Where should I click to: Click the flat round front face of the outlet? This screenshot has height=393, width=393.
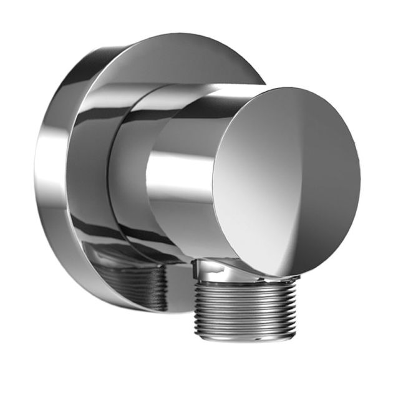click(x=287, y=181)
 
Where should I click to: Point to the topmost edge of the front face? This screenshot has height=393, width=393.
click(x=293, y=88)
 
